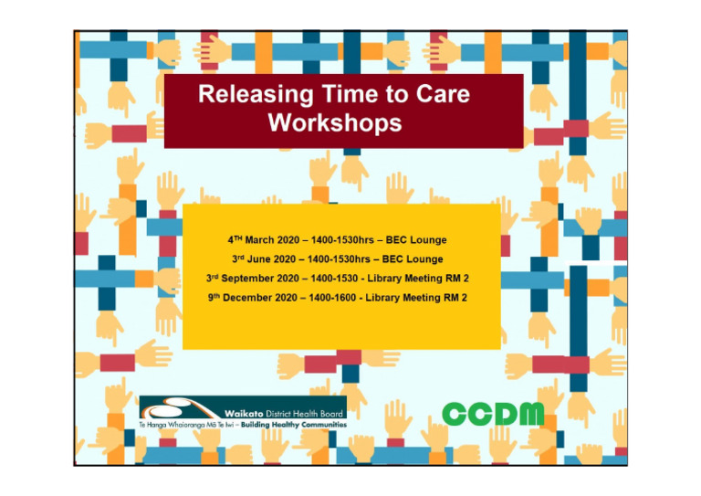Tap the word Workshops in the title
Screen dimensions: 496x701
(334, 123)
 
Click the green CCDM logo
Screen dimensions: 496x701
(493, 414)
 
